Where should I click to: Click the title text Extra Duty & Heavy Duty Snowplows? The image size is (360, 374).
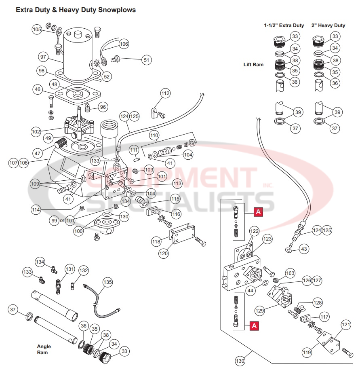pos(76,10)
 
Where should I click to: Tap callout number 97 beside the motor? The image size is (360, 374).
pos(43,57)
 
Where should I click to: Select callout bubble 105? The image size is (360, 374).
pos(37,30)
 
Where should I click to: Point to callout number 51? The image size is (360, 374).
pos(146,60)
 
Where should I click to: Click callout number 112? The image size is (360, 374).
pos(165,94)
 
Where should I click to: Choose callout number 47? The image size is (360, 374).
pos(38,154)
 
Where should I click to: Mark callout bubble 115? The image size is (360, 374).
pos(175,199)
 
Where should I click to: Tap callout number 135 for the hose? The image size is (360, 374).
pos(107,282)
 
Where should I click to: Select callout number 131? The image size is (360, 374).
pos(70,269)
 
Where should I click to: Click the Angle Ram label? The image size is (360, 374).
pos(44,349)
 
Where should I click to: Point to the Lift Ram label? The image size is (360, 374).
pos(253,65)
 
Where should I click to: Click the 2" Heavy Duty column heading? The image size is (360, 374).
pos(328,25)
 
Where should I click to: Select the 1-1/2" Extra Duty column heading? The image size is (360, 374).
pos(284,25)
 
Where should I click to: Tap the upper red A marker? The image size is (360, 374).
pos(258,211)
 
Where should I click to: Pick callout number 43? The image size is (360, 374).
pos(304,249)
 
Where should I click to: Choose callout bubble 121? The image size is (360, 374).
pos(346,325)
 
